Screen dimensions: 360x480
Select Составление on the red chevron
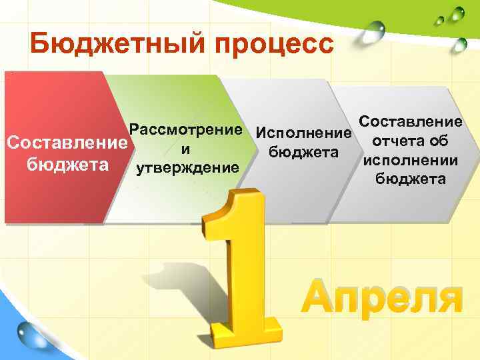point(65,143)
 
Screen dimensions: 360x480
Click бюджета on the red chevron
point(65,163)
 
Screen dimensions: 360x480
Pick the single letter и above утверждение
point(186,147)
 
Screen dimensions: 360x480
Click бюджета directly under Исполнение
point(303,152)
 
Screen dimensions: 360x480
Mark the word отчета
point(396,141)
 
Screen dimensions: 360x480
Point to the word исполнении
point(410,160)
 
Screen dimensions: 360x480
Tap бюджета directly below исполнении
point(410,179)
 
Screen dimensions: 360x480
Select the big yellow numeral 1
point(240,267)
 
